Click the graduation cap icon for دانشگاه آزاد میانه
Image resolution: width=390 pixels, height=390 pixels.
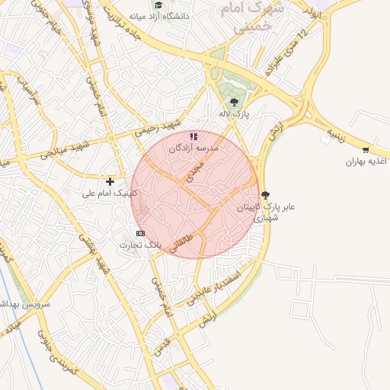coord(158,5)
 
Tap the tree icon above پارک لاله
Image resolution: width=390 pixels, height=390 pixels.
coord(233,102)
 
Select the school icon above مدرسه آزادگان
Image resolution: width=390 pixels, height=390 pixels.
coord(194,136)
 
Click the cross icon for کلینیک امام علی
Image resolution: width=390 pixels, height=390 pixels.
coord(110,181)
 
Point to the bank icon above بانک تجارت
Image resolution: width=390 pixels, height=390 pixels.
coord(140,232)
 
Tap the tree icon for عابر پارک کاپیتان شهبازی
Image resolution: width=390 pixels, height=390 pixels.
coord(264,195)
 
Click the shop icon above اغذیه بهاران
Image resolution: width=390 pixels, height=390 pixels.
coord(366,149)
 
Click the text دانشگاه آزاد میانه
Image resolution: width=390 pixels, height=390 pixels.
coord(159,16)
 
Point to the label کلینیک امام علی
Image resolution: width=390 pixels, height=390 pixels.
coord(110,193)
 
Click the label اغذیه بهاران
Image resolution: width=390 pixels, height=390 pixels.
coord(366,161)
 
